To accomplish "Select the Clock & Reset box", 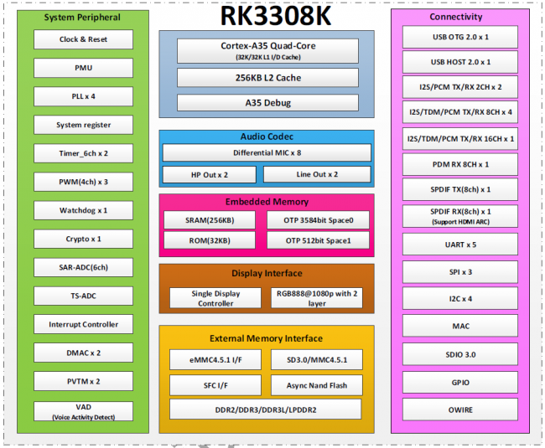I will (x=83, y=39).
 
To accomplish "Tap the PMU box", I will (x=83, y=68).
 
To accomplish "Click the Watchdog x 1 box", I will (x=83, y=210).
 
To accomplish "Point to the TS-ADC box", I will (x=83, y=296).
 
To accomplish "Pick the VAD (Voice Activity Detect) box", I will (x=83, y=409).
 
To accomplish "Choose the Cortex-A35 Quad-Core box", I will (x=266, y=50).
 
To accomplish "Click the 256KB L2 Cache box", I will (x=266, y=78).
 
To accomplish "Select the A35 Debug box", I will (x=266, y=103).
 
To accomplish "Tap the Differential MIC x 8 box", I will (x=266, y=153).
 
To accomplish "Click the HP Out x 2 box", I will (x=209, y=175).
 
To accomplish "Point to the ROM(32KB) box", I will (x=209, y=240).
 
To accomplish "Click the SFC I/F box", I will (x=209, y=385).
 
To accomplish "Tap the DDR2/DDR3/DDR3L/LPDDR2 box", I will (x=266, y=409).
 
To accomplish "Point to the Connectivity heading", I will (x=455, y=17).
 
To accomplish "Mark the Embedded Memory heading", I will (x=266, y=202).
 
